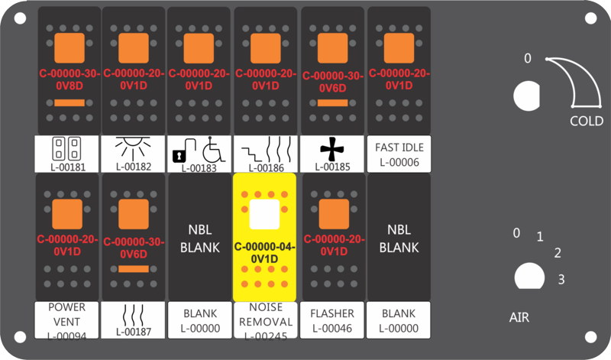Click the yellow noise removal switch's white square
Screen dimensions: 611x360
click(x=264, y=214)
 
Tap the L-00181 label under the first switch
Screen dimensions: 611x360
click(x=68, y=167)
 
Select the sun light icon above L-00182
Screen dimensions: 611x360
click(x=133, y=148)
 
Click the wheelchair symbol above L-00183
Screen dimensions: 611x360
click(x=214, y=149)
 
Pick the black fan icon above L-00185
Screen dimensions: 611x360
click(x=332, y=148)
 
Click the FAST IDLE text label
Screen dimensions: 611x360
click(x=399, y=148)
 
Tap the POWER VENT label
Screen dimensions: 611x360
click(x=66, y=314)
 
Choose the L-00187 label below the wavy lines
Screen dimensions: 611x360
click(x=133, y=332)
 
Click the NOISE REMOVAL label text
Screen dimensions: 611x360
click(x=266, y=314)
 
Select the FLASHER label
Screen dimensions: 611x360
click(x=332, y=313)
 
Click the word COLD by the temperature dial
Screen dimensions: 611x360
click(x=587, y=121)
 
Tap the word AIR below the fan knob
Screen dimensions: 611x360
click(x=519, y=317)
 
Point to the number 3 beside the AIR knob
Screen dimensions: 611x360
click(x=561, y=279)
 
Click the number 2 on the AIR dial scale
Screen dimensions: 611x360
click(x=558, y=253)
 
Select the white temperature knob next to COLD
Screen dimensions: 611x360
click(x=527, y=96)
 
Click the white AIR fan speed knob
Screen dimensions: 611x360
click(x=529, y=276)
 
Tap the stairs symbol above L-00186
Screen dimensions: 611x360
click(x=252, y=154)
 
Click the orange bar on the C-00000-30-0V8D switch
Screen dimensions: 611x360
click(x=70, y=103)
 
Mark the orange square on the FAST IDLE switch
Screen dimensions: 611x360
click(x=399, y=48)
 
